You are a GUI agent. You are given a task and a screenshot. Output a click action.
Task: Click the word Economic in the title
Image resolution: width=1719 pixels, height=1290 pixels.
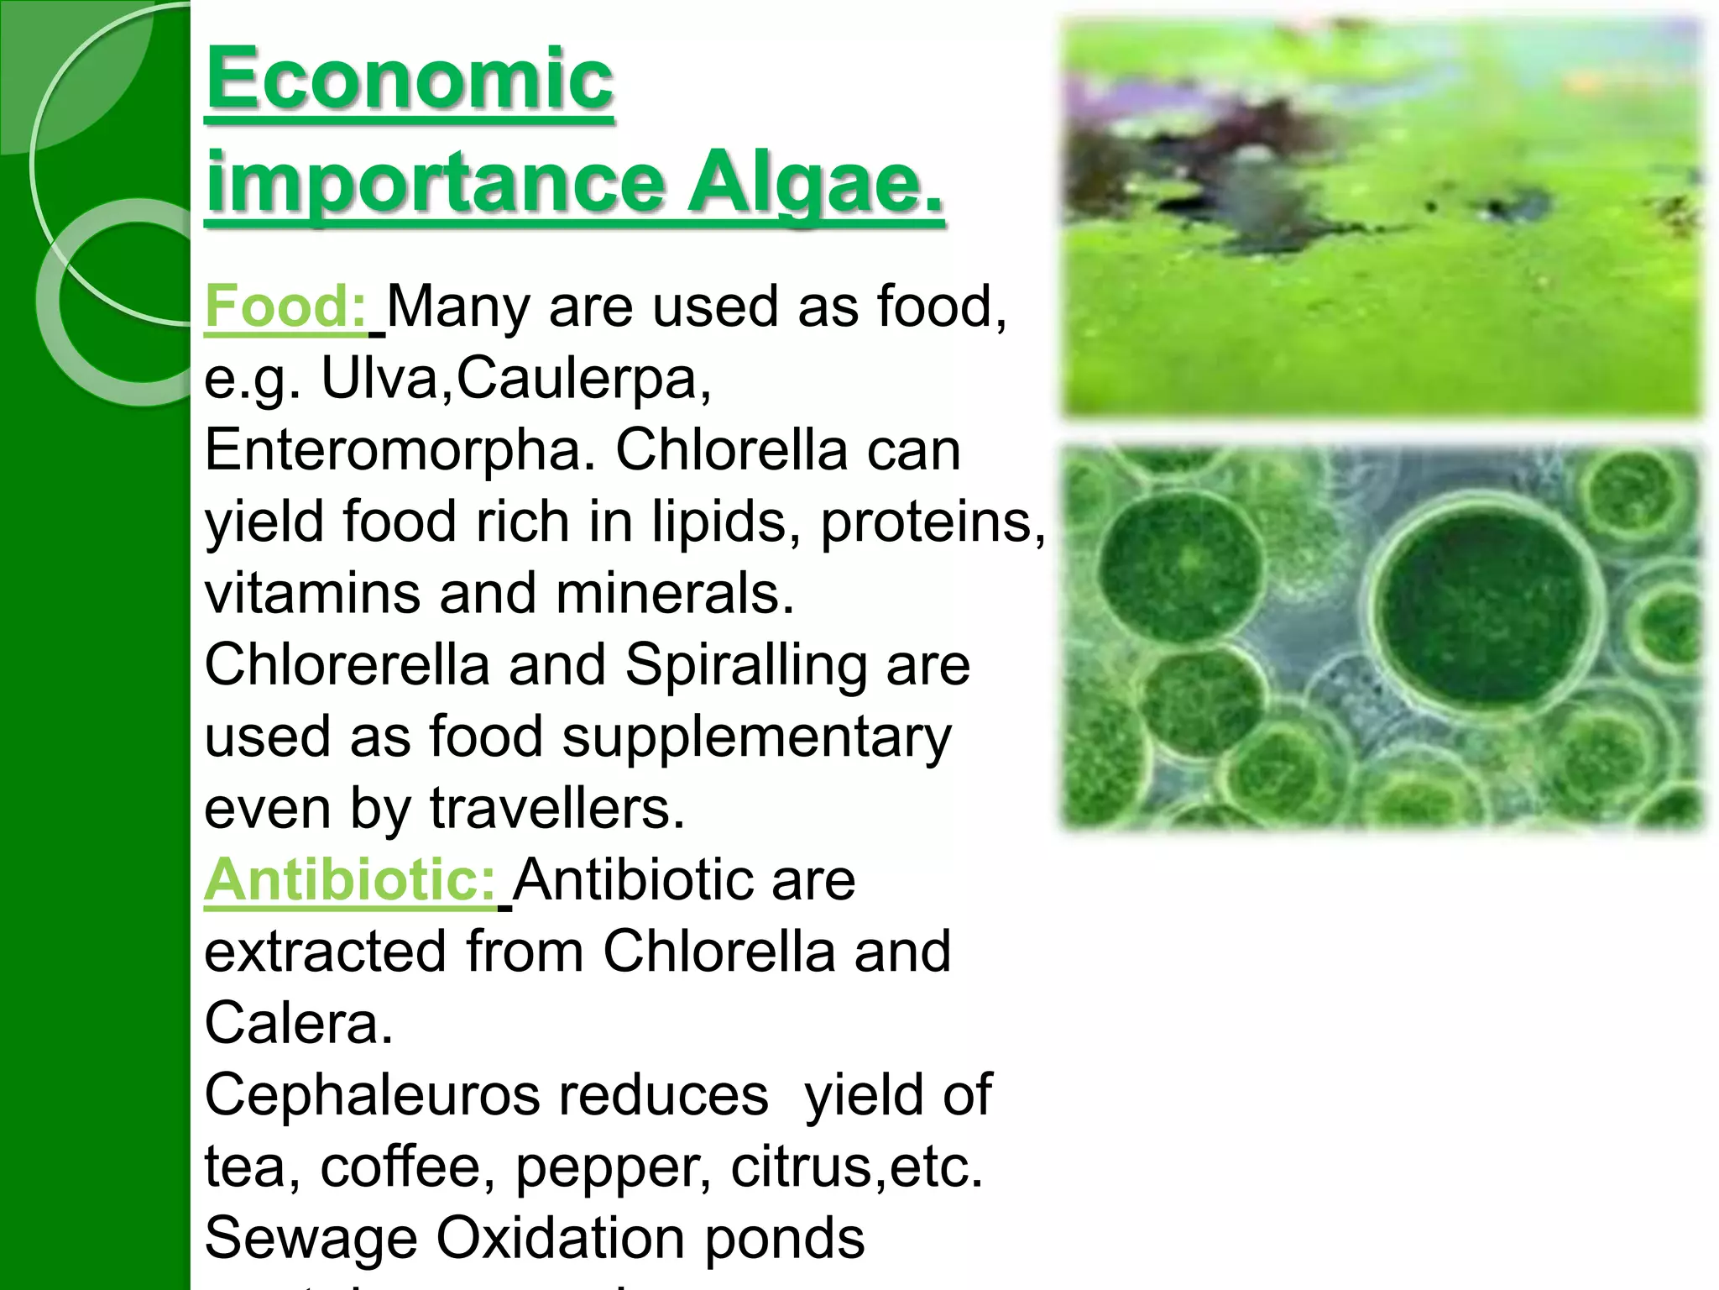pos(410,80)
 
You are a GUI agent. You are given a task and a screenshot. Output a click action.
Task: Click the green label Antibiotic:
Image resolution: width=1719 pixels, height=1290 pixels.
pos(350,880)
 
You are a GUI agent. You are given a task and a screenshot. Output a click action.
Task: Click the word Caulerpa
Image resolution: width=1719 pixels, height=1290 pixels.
pos(583,379)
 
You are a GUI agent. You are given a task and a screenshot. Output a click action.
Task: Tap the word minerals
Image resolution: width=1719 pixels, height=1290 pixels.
pos(675,594)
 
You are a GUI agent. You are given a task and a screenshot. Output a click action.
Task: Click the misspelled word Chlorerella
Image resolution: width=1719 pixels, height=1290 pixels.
pos(347,665)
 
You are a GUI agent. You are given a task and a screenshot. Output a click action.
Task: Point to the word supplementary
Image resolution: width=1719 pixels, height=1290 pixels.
pos(756,737)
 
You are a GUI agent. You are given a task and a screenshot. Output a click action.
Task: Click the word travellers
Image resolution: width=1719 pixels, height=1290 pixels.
pos(557,809)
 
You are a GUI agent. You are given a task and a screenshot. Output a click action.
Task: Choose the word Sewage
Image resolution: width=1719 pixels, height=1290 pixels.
pos(311,1239)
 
